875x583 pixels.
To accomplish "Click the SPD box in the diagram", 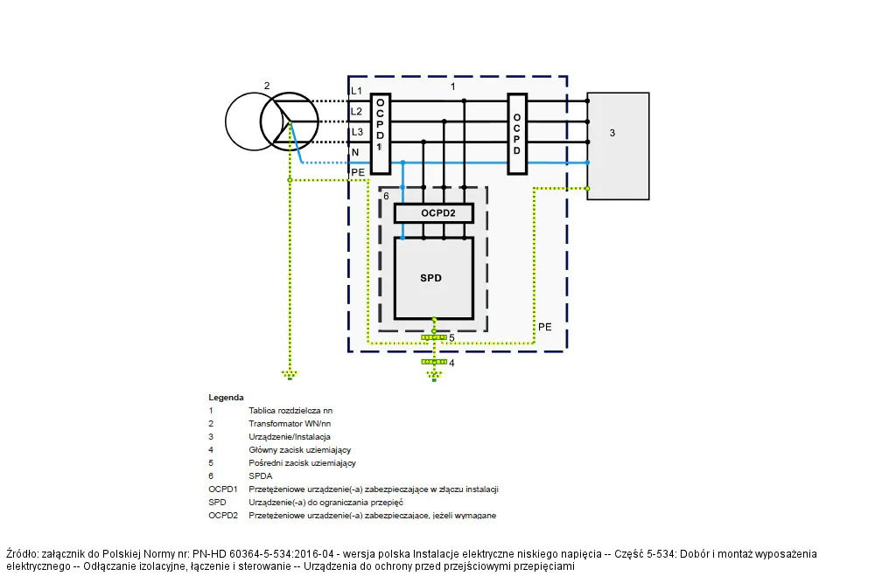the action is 434,278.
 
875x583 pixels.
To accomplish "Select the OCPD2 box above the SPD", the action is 434,213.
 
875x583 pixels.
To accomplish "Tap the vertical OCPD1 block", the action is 381,134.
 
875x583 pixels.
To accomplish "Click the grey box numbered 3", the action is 619,146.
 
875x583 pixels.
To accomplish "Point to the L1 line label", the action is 356,91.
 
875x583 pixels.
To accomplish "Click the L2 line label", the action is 357,112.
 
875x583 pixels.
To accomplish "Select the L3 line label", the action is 357,132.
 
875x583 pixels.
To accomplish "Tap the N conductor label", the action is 355,152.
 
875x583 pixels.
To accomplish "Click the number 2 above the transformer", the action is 267,86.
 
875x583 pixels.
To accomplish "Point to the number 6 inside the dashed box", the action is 386,196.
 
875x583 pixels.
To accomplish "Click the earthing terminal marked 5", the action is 434,337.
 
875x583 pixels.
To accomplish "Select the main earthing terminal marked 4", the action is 434,362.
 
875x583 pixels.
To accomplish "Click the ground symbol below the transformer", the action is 290,375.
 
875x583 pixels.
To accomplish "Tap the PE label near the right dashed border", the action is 544,327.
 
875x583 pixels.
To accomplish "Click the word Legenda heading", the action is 226,398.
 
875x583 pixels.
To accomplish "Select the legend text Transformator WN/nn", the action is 290,424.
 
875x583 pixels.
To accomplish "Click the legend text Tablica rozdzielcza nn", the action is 290,411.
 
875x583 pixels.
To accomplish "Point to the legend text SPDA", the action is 261,476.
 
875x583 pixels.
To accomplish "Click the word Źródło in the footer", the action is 23,554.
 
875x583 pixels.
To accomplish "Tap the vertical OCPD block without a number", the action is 517,134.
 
